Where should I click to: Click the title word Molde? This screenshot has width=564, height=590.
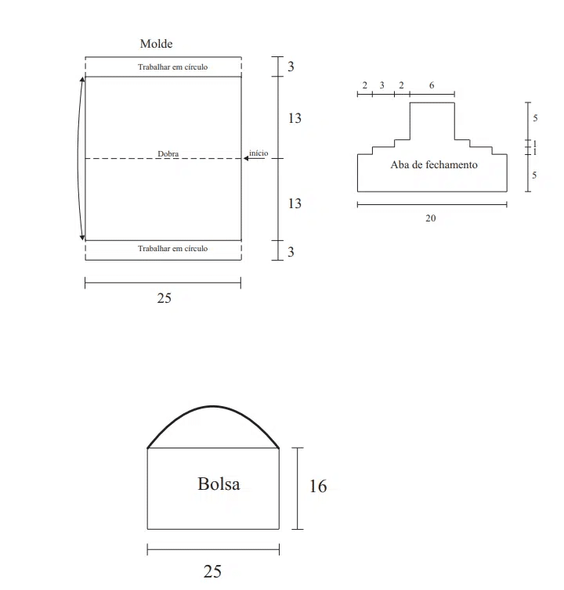[x=157, y=44]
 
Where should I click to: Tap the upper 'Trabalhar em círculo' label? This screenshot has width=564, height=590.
[x=172, y=67]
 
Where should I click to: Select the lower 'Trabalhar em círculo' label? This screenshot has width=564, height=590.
[x=172, y=248]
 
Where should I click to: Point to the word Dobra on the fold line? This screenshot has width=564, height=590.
[x=168, y=153]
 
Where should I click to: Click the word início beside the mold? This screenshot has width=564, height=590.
[x=258, y=153]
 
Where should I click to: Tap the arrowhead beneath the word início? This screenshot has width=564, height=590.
[x=246, y=158]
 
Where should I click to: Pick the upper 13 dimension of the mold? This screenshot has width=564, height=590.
[x=295, y=118]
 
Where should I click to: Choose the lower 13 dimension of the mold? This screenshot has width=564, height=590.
[x=295, y=203]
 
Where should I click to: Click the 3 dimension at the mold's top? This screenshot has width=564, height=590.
[x=291, y=67]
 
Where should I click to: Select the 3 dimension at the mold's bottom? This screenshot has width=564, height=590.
[x=291, y=252]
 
